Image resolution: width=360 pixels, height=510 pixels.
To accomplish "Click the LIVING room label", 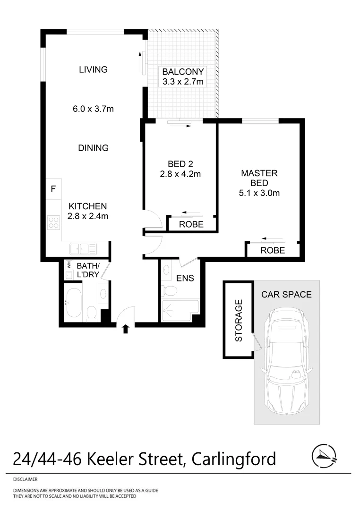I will click(93, 69).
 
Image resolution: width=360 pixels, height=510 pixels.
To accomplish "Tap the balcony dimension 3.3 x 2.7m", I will click(183, 82).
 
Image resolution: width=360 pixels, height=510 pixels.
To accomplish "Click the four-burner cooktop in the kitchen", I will click(53, 222).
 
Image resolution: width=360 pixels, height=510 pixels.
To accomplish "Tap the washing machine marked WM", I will click(69, 264).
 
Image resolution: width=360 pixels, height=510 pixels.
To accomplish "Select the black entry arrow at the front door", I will click(126, 329).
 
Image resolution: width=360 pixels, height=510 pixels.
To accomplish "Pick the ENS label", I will click(185, 278).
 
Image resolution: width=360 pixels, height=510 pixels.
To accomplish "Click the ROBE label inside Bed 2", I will click(191, 224).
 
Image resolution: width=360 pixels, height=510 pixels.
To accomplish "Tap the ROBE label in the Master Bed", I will click(273, 250).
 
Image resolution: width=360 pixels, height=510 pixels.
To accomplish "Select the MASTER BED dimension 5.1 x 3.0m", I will click(259, 193).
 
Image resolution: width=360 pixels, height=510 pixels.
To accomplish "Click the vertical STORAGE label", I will click(239, 320).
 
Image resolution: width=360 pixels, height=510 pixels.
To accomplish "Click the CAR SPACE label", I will click(286, 294).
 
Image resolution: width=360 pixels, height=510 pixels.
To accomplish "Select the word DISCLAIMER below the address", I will click(25, 479).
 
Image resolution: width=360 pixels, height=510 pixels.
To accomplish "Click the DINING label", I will click(93, 148).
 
